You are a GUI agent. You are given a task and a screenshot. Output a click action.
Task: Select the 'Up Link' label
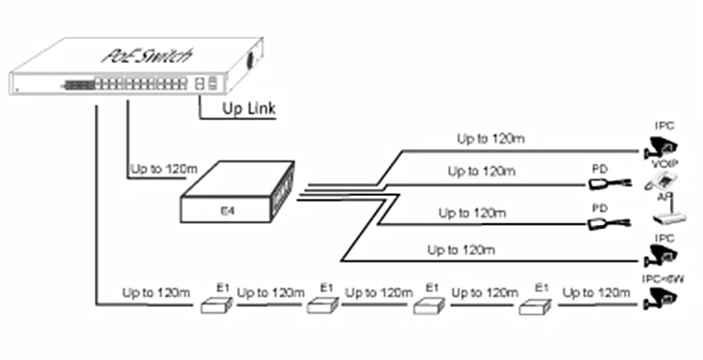(x=248, y=112)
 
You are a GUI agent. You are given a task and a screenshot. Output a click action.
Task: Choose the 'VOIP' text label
(x=664, y=165)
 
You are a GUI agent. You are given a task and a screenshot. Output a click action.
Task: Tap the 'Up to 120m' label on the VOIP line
(x=480, y=172)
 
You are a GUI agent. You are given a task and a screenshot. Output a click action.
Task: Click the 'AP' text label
(x=662, y=200)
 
